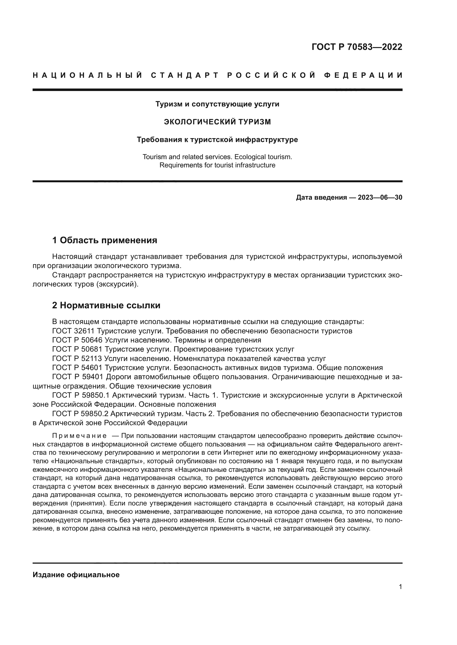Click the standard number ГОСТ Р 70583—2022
[x=357, y=47]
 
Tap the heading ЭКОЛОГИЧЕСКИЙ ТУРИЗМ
[x=217, y=122]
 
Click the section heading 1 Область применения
[x=104, y=240]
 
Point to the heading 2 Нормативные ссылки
[x=106, y=305]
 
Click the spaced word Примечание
[x=79, y=436]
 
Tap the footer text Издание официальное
[x=76, y=575]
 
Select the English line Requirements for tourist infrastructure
[x=217, y=165]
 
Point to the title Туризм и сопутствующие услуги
[x=217, y=104]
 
